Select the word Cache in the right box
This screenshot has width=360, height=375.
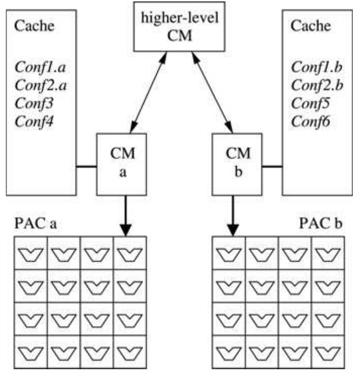pyautogui.click(x=310, y=26)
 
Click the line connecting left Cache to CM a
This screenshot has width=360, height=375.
pyautogui.click(x=87, y=168)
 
